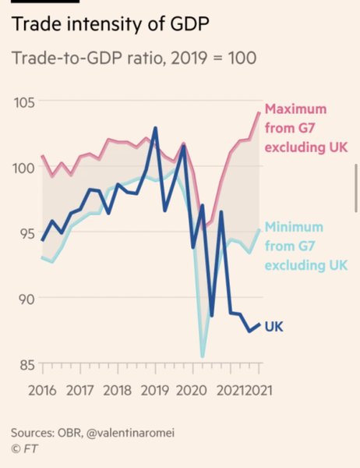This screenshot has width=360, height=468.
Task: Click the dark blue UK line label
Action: (x=274, y=325)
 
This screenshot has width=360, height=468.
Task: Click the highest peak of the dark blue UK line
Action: (x=157, y=128)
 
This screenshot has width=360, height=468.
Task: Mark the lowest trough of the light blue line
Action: (x=203, y=356)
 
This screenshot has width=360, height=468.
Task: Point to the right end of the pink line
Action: (x=259, y=112)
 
